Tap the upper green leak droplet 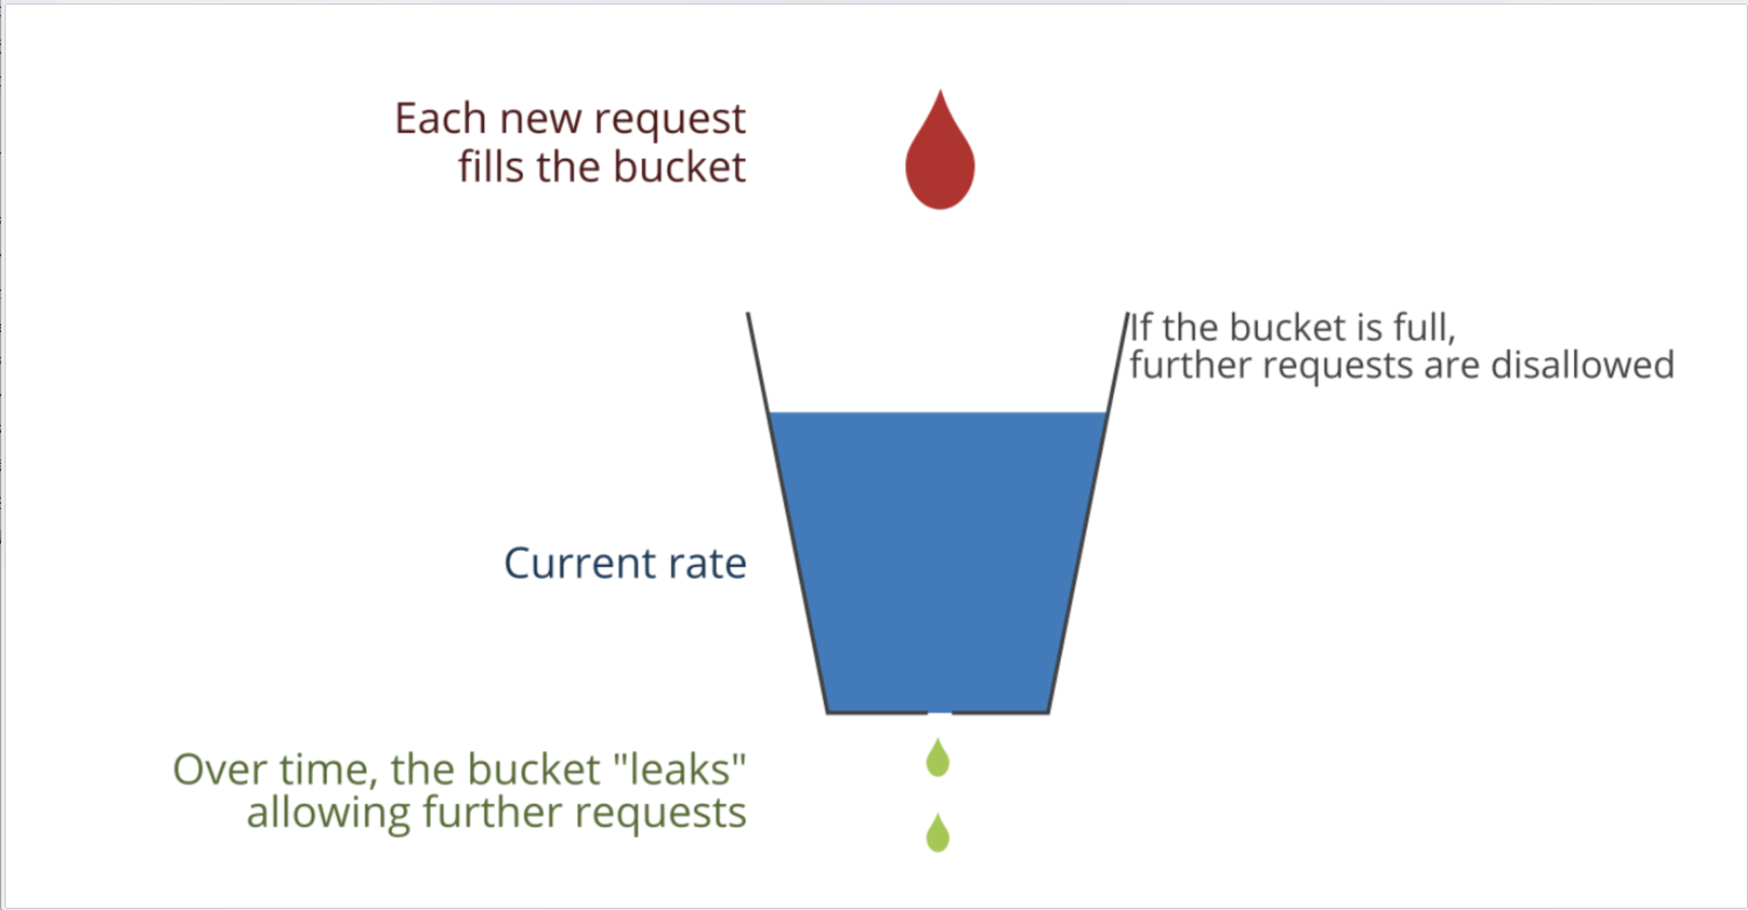click(938, 759)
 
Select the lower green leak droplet click(938, 835)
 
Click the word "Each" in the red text click(440, 119)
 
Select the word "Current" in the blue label click(579, 563)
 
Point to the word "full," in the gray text click(1424, 328)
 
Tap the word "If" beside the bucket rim click(1141, 328)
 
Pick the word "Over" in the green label click(218, 770)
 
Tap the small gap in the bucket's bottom click(939, 712)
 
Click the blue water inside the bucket click(938, 556)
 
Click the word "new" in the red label click(540, 120)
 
